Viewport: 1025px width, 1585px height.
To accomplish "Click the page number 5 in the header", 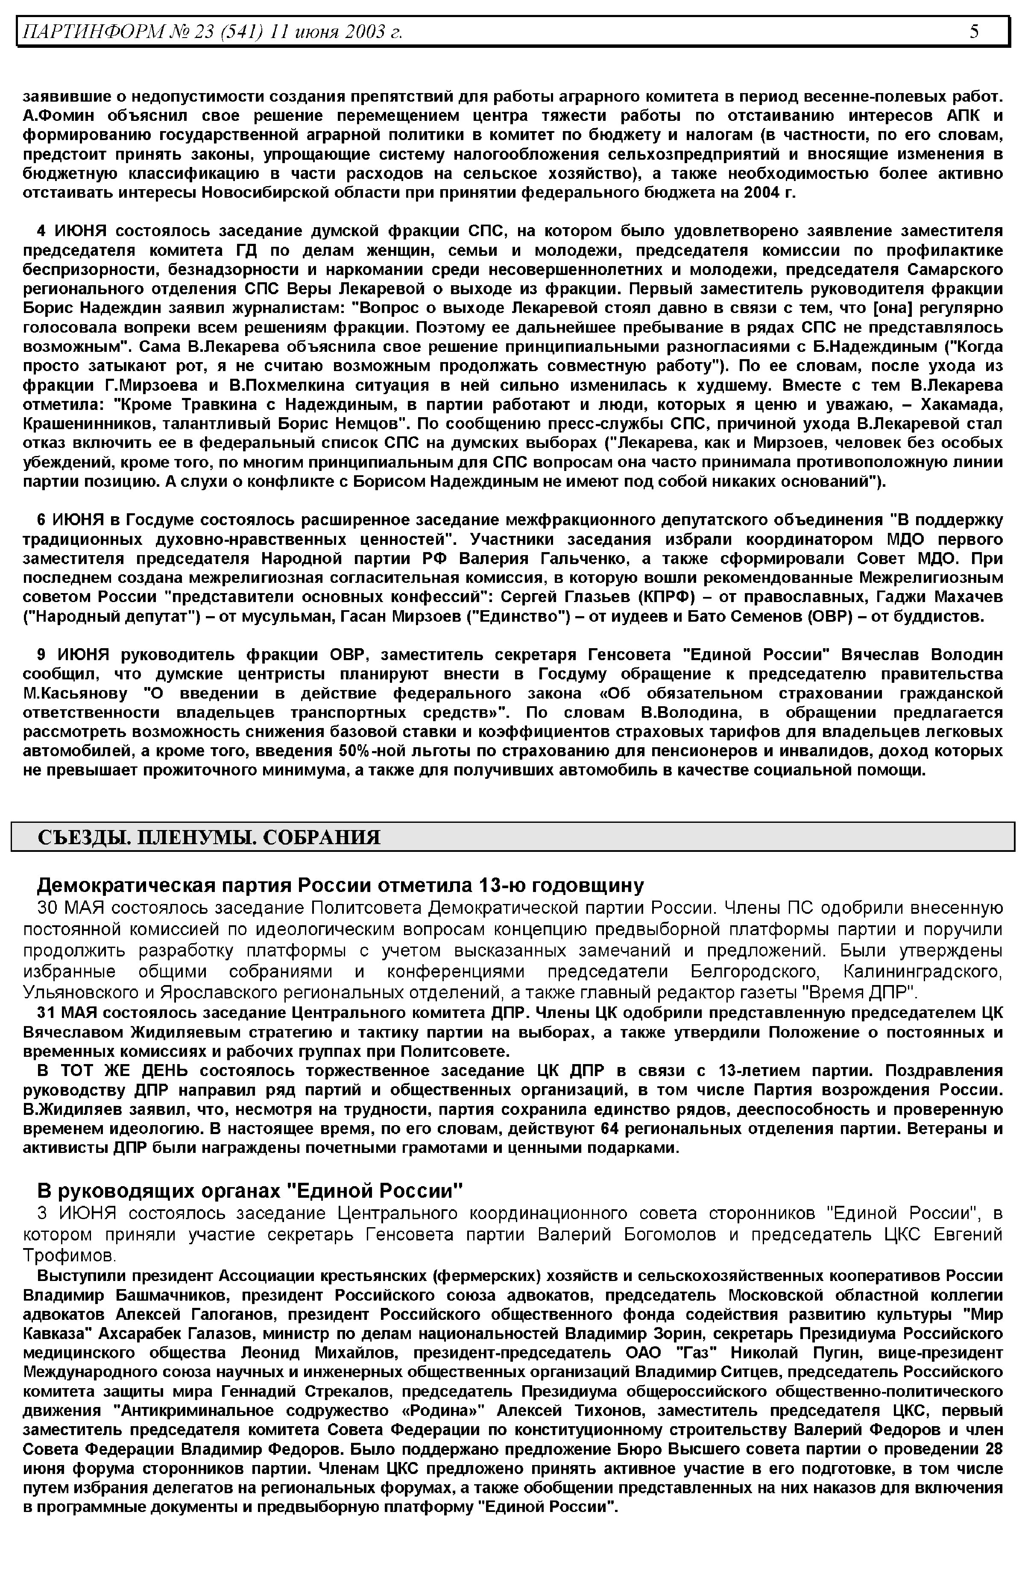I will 974,31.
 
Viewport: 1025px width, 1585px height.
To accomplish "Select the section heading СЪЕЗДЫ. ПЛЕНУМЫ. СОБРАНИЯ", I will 209,837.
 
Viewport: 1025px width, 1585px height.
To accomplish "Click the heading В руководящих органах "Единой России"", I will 249,1190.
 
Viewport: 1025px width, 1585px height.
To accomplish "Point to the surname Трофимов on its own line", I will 69,1256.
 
